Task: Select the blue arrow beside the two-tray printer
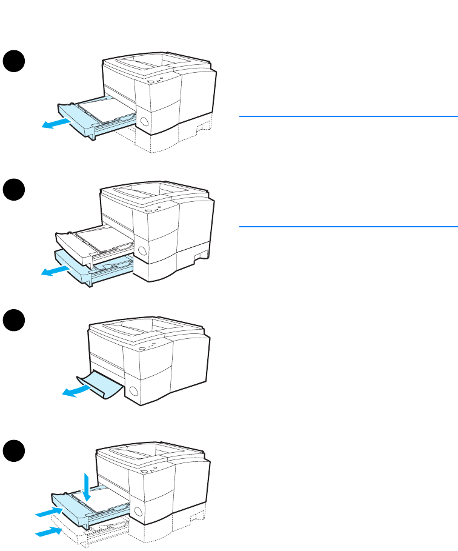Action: point(54,270)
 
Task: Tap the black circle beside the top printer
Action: point(13,61)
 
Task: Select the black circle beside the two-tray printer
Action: point(13,192)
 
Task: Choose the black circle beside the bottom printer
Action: point(13,451)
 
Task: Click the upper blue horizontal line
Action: point(348,116)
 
